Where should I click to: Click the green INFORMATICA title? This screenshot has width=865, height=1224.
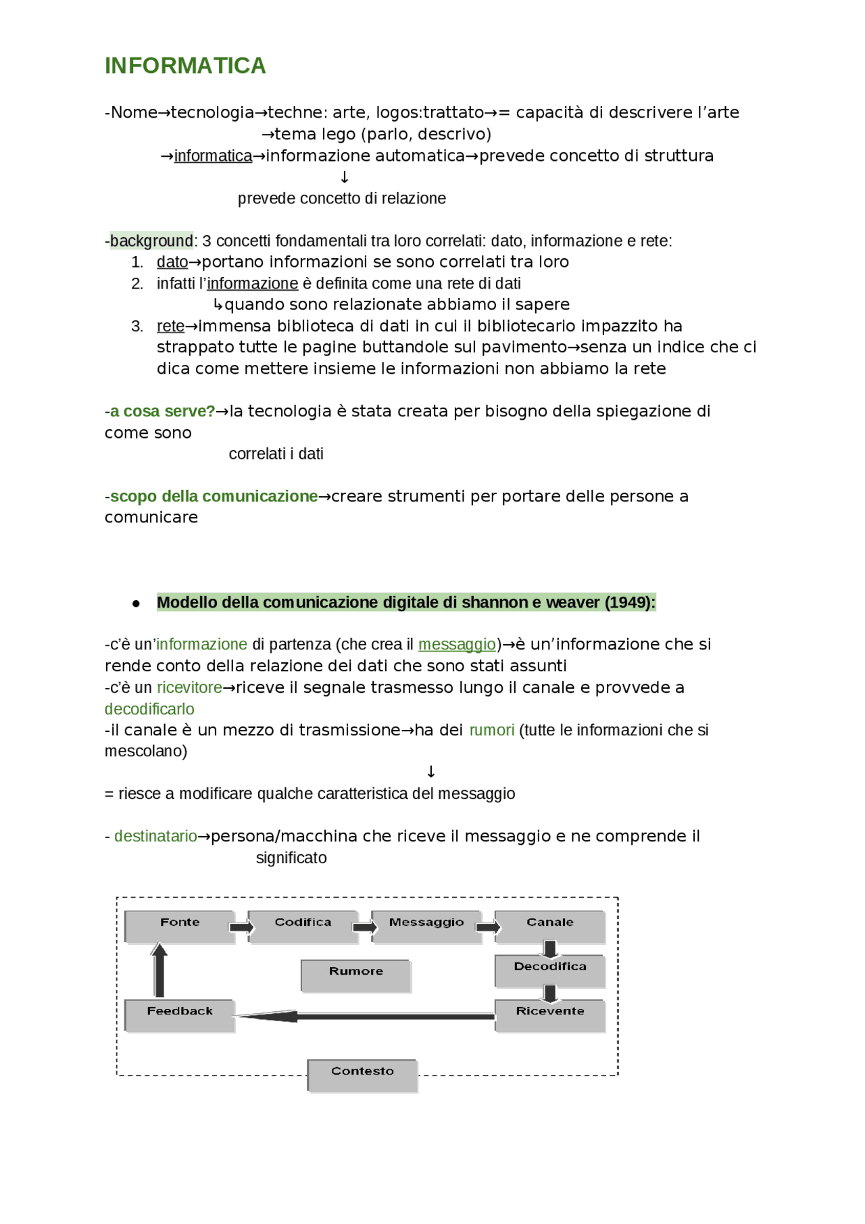[185, 66]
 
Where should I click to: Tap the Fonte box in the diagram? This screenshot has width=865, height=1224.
[180, 926]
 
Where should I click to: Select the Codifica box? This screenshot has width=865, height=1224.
[303, 926]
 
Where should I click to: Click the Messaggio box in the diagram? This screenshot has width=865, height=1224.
[426, 926]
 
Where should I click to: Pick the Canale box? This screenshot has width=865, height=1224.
[550, 926]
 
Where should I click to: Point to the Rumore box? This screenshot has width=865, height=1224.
[356, 975]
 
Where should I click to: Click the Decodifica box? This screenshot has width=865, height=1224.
[550, 971]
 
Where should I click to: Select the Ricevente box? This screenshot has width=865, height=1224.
[550, 1015]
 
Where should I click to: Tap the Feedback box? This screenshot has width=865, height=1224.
[180, 1015]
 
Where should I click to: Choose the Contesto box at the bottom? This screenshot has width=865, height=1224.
[363, 1075]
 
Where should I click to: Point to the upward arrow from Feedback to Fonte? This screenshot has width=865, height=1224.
[159, 971]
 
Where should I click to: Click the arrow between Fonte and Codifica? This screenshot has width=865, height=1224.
[241, 927]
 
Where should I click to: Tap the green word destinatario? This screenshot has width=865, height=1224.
[155, 836]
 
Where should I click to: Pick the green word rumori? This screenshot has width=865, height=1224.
[491, 730]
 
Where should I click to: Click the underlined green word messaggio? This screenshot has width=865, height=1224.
[457, 644]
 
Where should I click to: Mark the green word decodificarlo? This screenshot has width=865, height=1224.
[149, 709]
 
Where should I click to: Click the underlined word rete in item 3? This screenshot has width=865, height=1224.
[170, 326]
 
